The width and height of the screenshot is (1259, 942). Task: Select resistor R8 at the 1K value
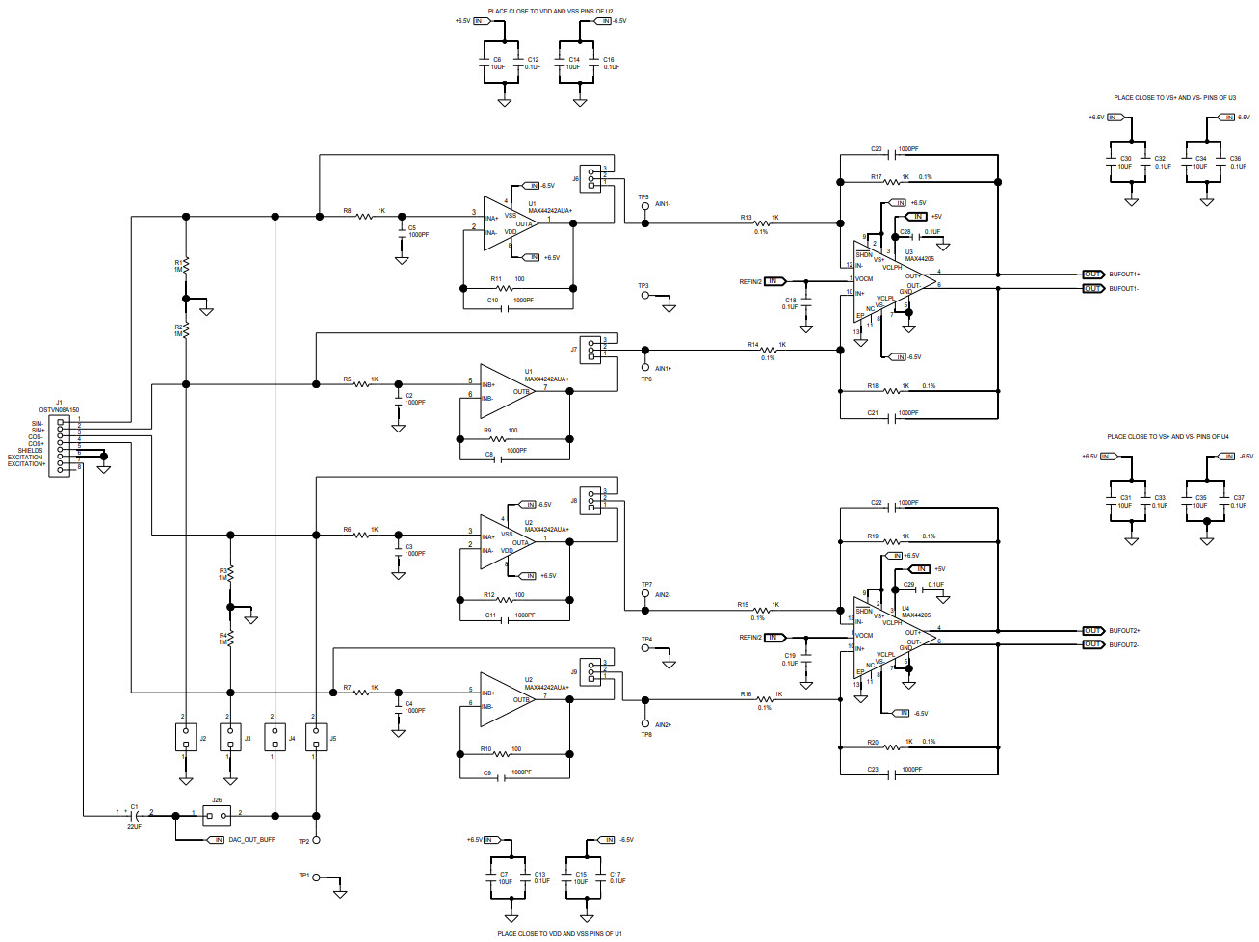point(365,217)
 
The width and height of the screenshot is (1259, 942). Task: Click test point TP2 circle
point(316,840)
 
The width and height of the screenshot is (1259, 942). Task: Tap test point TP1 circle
point(316,877)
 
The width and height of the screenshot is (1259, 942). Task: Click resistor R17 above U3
point(891,182)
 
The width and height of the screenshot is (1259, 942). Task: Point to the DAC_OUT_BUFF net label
point(250,840)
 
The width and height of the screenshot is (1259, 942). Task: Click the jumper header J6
point(590,178)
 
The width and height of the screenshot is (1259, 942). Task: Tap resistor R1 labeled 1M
point(186,264)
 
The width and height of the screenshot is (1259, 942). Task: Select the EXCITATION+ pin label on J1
point(26,464)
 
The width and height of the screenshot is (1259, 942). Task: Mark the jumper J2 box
point(186,738)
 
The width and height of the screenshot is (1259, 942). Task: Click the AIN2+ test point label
point(663,725)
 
